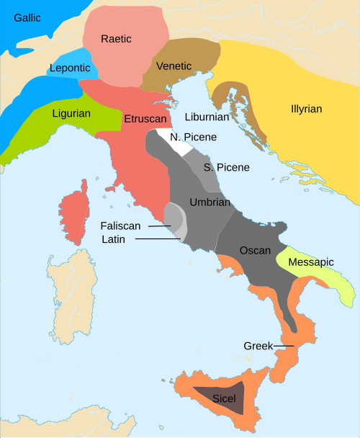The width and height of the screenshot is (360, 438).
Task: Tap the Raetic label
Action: point(117,39)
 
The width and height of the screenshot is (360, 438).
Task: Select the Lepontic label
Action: point(70,68)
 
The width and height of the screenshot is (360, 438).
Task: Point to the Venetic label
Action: point(174,66)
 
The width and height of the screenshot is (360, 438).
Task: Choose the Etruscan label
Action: point(145,117)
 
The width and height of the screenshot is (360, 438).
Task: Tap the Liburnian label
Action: point(207,116)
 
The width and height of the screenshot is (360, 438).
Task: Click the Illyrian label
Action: point(307,109)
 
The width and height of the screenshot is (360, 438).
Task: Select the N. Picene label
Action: point(194,137)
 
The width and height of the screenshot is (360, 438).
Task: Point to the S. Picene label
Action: point(226,167)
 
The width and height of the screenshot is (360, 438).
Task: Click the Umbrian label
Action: point(210,202)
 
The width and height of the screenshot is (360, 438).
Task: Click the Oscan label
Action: point(256,251)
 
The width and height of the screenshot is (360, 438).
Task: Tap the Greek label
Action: point(258,346)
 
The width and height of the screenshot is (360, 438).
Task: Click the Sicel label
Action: point(225,397)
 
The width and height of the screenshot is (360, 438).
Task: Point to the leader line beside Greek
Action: point(285,346)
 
